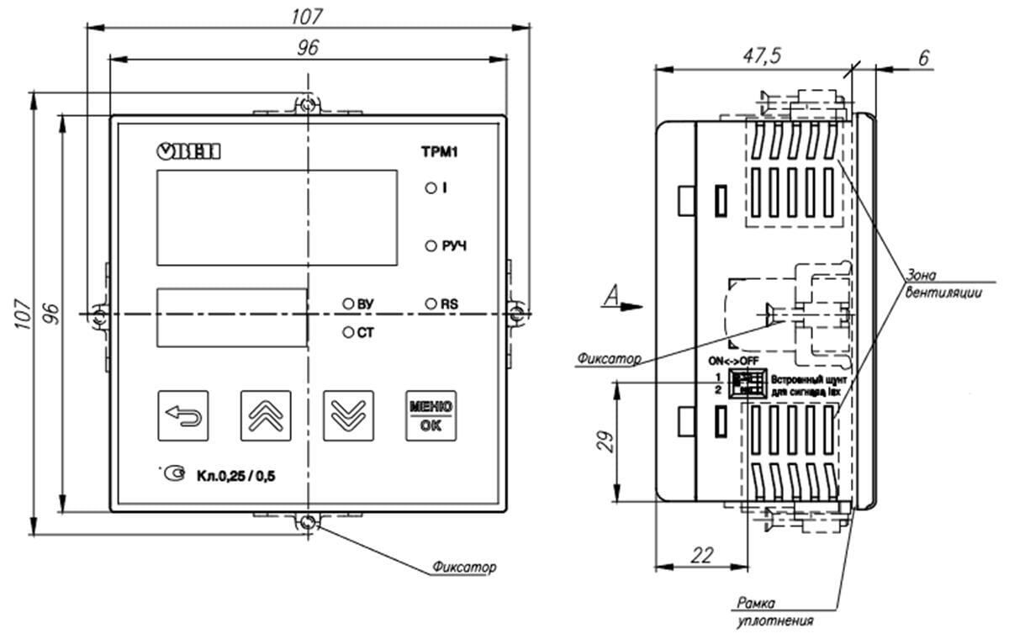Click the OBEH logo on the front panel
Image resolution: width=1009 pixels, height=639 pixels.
189,151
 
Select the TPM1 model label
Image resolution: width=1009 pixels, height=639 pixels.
438,153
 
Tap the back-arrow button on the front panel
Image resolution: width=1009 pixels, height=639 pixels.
183,415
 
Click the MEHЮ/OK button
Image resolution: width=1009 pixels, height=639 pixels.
431,415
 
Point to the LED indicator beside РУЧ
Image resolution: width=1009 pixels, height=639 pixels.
430,246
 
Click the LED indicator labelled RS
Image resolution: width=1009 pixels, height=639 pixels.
430,303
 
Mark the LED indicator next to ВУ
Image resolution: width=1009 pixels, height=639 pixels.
347,304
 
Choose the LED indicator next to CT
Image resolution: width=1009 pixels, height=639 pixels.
347,333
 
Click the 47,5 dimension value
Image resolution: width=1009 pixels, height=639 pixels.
763,55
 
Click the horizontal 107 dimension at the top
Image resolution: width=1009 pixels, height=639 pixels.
309,16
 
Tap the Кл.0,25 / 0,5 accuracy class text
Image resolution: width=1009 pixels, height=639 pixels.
236,477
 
